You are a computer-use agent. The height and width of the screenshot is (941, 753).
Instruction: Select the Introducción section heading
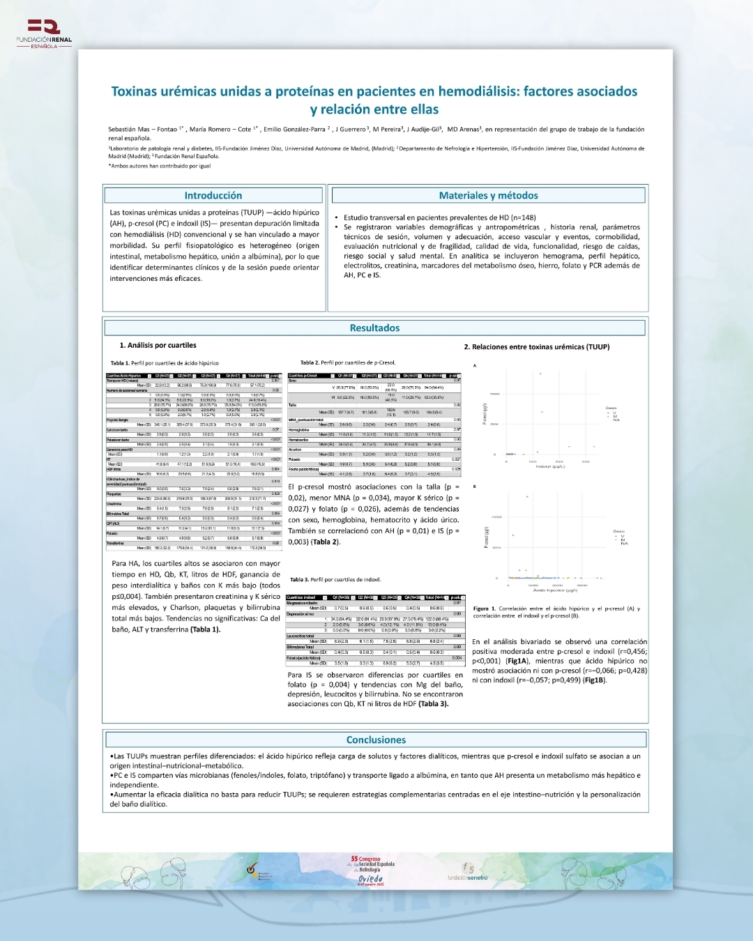pos(213,196)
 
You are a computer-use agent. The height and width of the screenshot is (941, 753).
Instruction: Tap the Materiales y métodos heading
pos(488,196)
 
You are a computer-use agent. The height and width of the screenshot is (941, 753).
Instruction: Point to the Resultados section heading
pos(375,328)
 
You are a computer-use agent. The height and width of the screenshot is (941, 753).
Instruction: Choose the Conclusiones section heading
pos(376,740)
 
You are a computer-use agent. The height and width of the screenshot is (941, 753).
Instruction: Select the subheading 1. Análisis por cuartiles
pos(158,345)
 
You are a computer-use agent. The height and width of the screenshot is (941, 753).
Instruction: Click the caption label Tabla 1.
pos(119,363)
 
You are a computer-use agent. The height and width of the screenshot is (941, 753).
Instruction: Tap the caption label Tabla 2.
pos(309,362)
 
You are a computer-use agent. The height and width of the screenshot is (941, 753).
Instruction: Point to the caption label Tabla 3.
pos(298,579)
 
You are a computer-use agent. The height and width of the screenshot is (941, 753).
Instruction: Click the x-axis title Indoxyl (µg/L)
pos(550,466)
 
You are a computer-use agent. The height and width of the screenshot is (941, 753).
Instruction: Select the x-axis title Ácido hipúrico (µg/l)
pos(555,590)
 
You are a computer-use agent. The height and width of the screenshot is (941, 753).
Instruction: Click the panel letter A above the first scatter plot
pos(475,365)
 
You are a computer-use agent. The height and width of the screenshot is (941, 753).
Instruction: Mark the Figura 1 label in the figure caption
pos(485,609)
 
